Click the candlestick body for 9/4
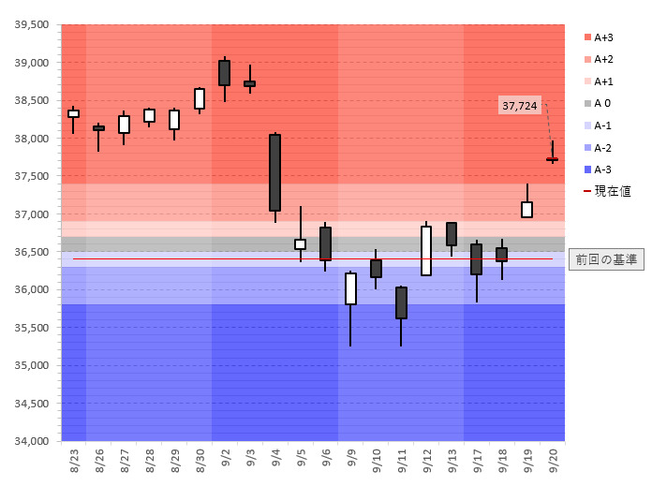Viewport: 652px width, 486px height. coord(274,172)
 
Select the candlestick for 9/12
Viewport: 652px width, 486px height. coord(426,250)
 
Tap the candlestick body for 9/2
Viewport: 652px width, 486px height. coord(224,73)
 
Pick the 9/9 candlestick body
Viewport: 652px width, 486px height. coord(350,288)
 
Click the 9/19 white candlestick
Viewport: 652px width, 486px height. coord(526,209)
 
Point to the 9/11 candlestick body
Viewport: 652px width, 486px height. coord(401,302)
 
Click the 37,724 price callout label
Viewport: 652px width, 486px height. coord(520,106)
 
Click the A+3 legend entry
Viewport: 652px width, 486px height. coord(603,37)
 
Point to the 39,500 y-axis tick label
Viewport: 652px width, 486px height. coord(32,25)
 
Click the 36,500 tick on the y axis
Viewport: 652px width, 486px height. coord(32,252)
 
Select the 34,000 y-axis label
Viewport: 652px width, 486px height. coord(32,441)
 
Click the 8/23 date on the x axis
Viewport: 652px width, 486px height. coord(74,459)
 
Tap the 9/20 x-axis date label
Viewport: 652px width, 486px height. coord(552,459)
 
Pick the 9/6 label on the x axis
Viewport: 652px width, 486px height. coord(325,459)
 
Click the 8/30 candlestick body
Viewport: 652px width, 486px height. coord(200,98)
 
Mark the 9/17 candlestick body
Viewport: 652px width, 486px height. coord(476,258)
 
